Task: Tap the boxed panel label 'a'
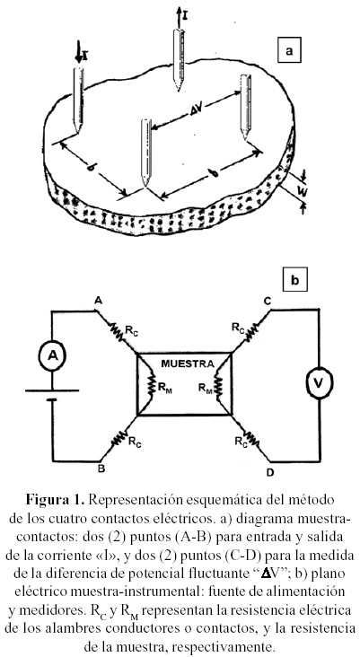point(288,50)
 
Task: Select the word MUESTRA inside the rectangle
point(185,364)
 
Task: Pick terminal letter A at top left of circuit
point(98,301)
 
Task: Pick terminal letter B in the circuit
point(101,469)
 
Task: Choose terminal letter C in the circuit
point(268,301)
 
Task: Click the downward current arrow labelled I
point(79,51)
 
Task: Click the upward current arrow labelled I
point(179,17)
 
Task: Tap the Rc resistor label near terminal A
point(132,329)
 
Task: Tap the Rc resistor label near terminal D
point(241,441)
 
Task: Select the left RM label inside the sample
point(165,387)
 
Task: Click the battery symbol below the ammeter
point(52,395)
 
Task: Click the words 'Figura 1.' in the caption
point(57,499)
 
